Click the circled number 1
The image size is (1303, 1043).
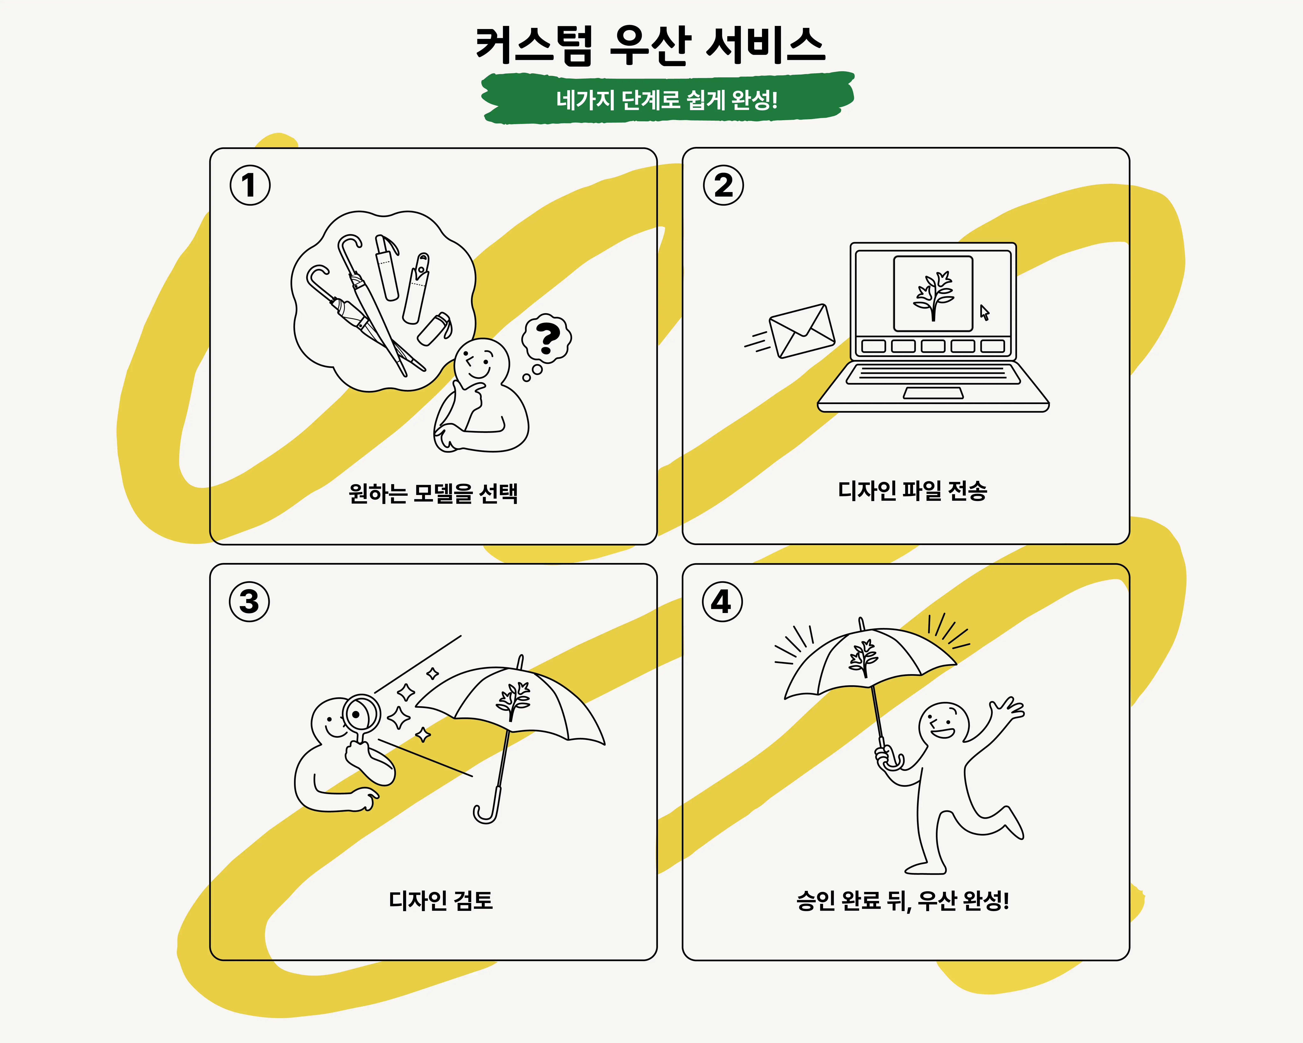click(250, 185)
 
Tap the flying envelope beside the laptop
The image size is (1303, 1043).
click(802, 331)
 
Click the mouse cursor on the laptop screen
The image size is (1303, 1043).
click(984, 313)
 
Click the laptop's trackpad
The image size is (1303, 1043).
click(933, 393)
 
